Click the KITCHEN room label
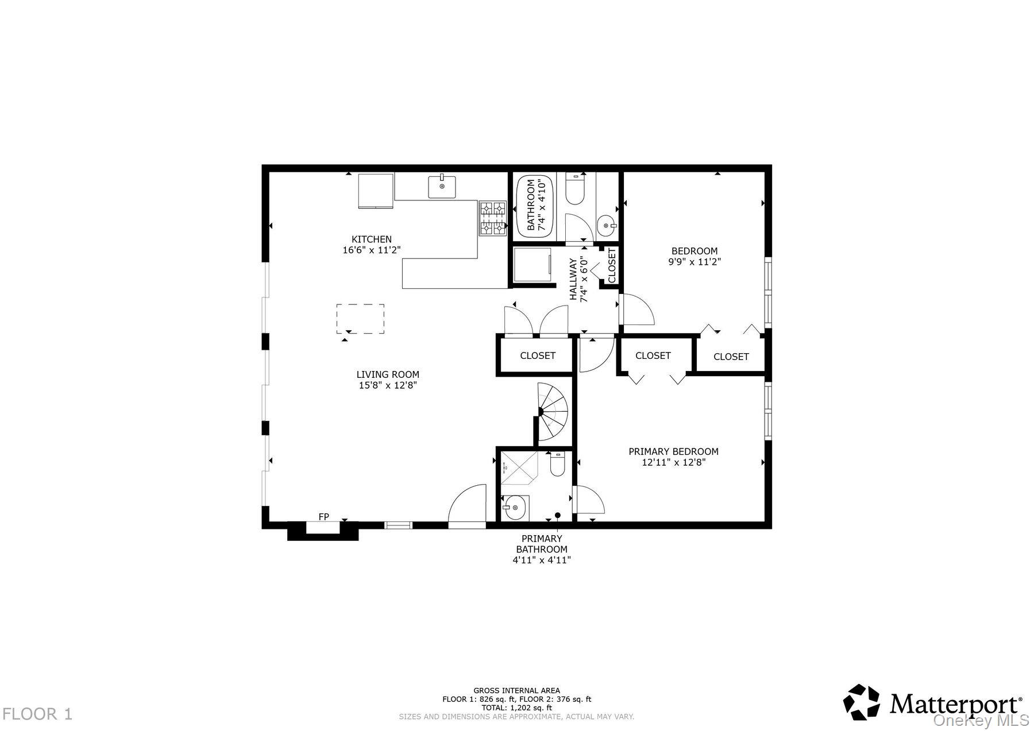click(371, 239)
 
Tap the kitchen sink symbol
click(442, 187)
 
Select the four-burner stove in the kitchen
click(493, 218)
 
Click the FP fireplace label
click(323, 517)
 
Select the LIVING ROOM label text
click(388, 374)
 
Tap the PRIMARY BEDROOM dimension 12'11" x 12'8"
click(673, 462)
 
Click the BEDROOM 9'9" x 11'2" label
click(694, 256)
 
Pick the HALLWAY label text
click(573, 279)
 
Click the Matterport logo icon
click(861, 702)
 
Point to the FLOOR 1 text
click(37, 714)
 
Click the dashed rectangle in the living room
click(360, 319)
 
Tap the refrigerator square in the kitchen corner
click(376, 190)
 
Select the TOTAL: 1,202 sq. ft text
click(516, 708)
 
